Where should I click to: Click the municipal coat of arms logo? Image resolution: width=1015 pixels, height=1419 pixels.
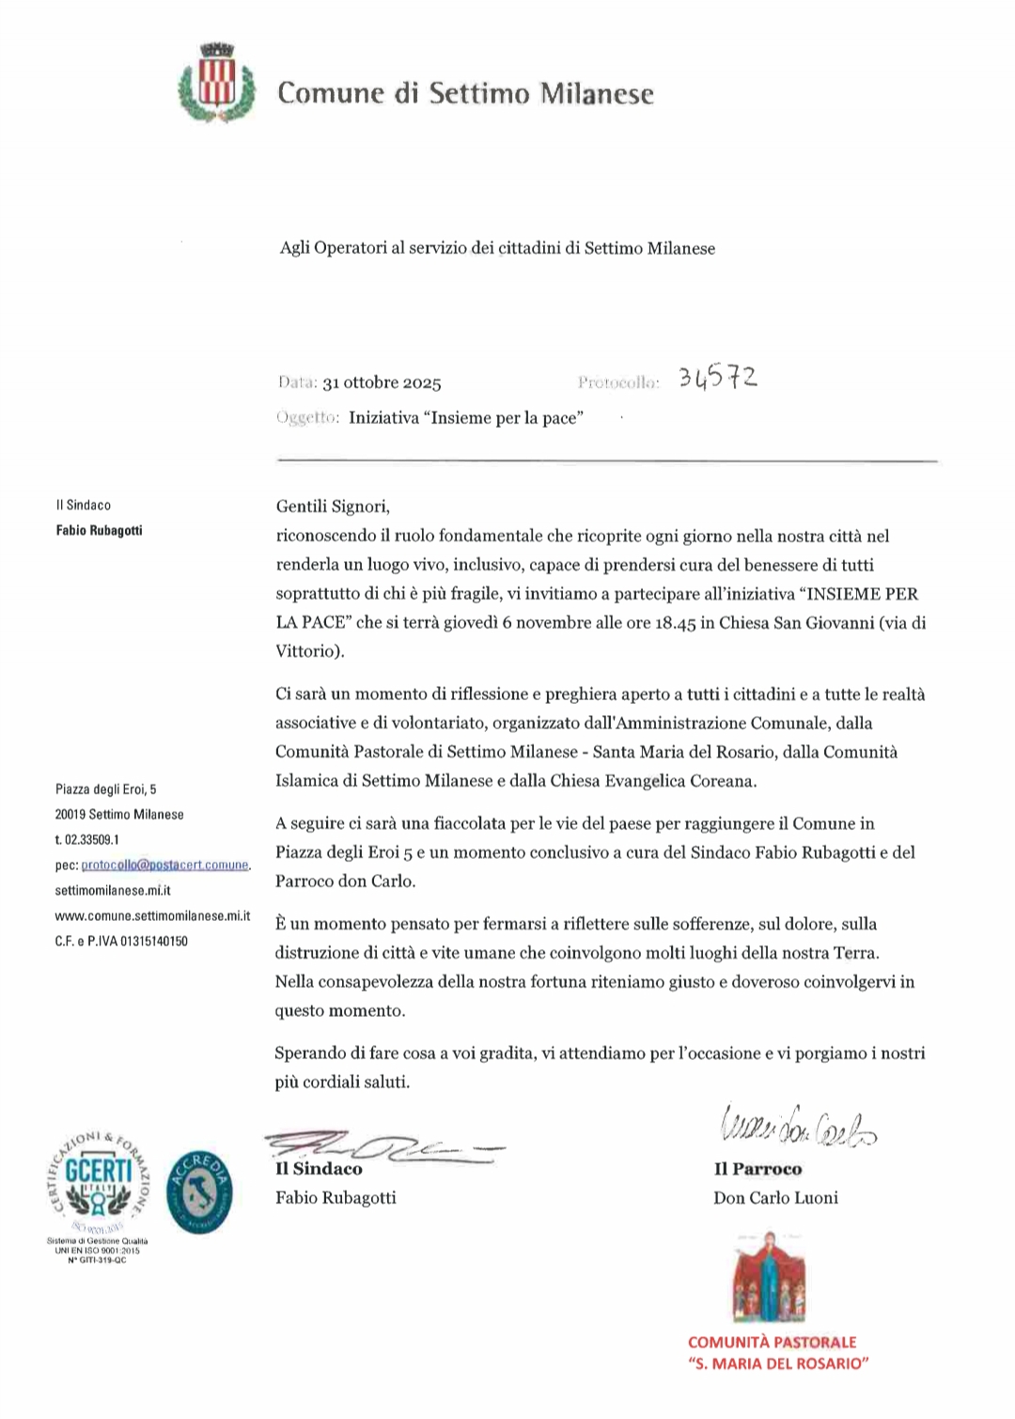(x=217, y=84)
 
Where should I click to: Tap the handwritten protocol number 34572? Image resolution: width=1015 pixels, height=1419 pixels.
(x=718, y=378)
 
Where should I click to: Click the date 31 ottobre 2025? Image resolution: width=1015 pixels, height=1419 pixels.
(x=382, y=382)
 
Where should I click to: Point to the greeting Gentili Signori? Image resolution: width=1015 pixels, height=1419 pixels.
(x=333, y=507)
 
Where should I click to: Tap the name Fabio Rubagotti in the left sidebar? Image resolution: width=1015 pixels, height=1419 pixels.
(x=100, y=530)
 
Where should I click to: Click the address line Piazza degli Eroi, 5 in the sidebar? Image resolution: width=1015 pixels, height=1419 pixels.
(x=106, y=789)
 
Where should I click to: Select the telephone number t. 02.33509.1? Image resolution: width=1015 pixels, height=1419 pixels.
(x=87, y=839)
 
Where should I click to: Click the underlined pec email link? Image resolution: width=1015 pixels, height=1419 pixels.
(x=165, y=865)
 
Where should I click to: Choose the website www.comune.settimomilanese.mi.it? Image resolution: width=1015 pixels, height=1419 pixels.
(x=152, y=915)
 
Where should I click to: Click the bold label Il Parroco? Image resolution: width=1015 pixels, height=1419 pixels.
(x=757, y=1169)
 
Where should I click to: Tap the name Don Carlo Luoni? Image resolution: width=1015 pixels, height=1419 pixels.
(x=775, y=1197)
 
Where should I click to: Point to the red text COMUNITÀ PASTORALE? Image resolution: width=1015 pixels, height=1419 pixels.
(x=773, y=1342)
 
